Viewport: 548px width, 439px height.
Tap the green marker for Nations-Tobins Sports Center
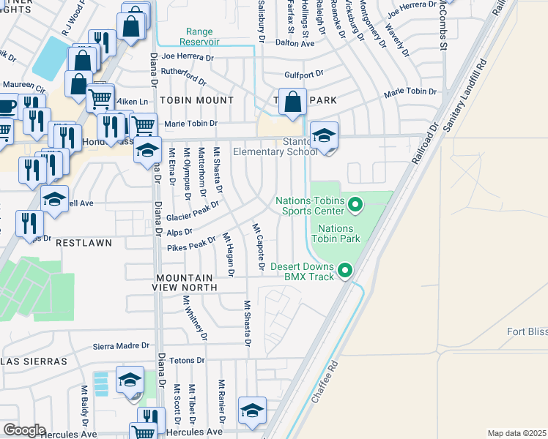click(x=355, y=204)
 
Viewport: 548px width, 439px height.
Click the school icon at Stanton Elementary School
click(x=324, y=137)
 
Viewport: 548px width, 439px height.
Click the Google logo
click(x=23, y=430)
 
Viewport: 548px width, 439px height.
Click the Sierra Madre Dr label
click(x=121, y=346)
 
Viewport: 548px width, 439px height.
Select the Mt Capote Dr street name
click(x=258, y=249)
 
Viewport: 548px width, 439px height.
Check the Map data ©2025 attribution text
click(x=516, y=433)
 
